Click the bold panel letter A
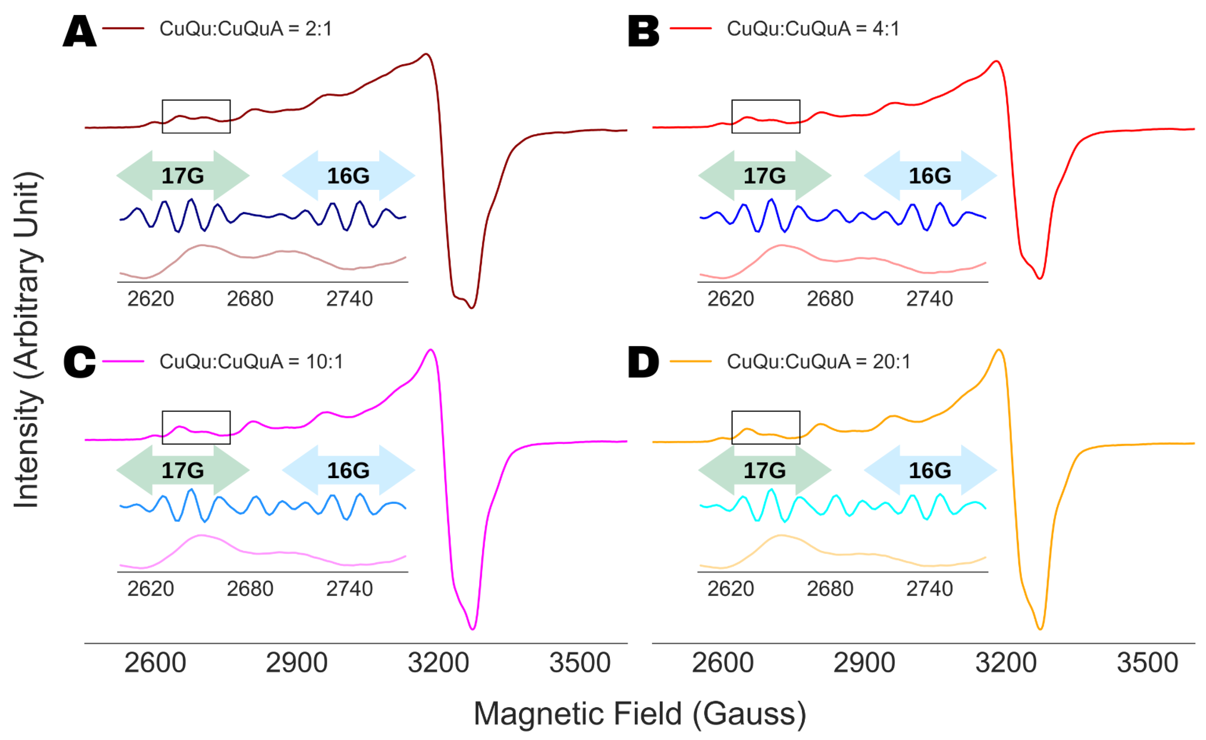(x=79, y=31)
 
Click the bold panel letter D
(x=643, y=363)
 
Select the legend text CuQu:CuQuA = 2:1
(x=246, y=29)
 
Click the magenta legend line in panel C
(x=123, y=362)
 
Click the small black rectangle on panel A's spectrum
(x=196, y=117)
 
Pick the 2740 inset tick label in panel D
(x=929, y=589)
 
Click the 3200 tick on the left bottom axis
(x=438, y=663)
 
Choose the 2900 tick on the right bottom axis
(x=864, y=663)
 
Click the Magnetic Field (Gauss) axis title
(x=640, y=714)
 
